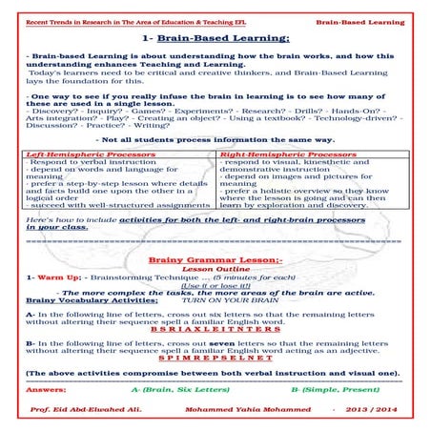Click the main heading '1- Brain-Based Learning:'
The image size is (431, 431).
[x=215, y=38]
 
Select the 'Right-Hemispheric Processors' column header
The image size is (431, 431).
[x=276, y=153]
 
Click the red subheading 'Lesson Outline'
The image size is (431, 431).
[x=215, y=269]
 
